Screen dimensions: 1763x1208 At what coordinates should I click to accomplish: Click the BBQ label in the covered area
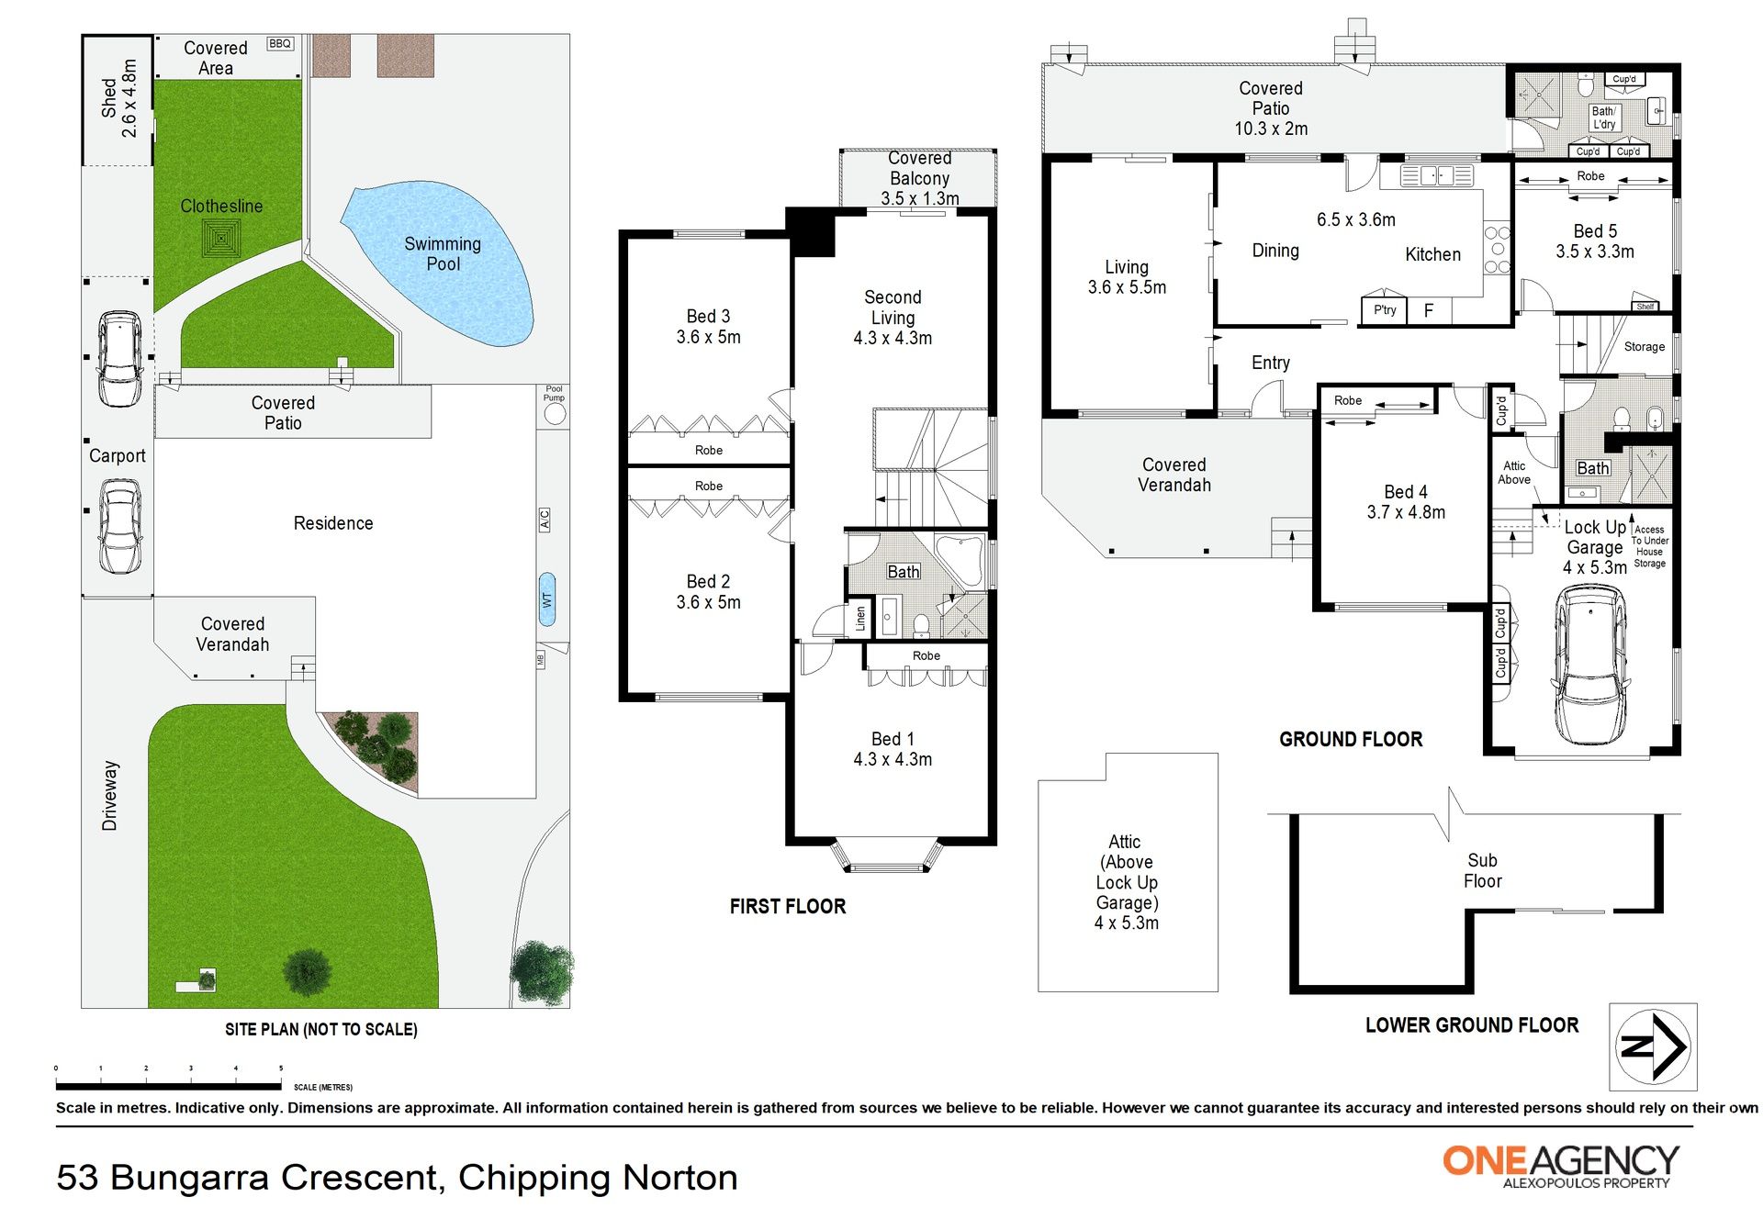point(280,43)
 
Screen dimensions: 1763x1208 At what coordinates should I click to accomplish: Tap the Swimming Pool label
point(443,253)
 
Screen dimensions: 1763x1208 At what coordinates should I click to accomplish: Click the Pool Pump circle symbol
point(555,413)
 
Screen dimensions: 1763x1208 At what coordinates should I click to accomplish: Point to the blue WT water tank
point(546,599)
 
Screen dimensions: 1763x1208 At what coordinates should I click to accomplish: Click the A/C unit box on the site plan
point(544,520)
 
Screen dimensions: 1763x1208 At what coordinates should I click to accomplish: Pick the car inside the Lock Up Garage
point(1591,665)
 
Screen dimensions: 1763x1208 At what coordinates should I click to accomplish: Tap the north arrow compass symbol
point(1654,1046)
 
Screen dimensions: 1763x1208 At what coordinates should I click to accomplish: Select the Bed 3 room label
point(708,326)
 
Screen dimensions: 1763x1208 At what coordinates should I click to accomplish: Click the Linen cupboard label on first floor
point(860,618)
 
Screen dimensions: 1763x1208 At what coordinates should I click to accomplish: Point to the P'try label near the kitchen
point(1385,310)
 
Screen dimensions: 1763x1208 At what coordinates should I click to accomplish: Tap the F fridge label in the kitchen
point(1429,310)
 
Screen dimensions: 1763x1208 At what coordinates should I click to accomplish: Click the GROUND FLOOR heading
point(1351,739)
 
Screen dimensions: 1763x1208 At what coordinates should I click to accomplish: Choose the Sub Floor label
point(1482,870)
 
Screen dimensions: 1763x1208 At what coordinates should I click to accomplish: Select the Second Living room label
point(893,318)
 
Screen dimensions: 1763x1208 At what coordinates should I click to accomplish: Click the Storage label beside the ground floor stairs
point(1645,347)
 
